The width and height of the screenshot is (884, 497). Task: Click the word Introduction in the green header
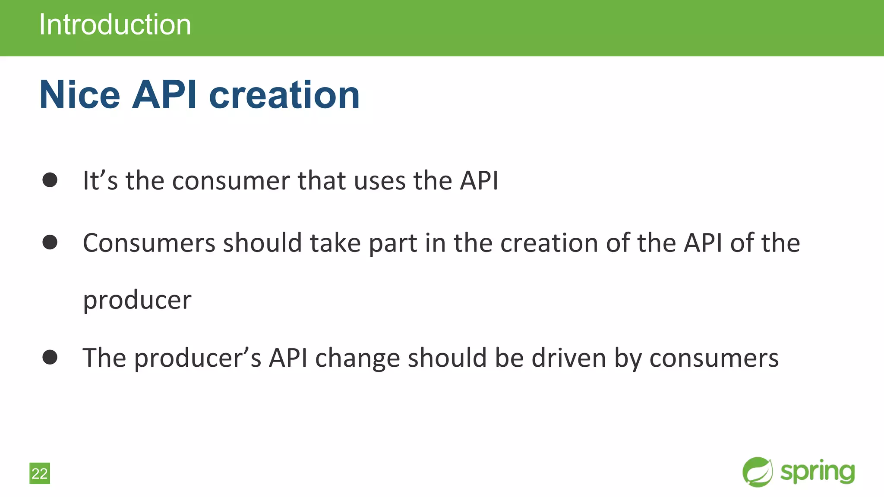[x=115, y=25]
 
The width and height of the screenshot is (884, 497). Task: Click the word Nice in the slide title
[x=80, y=95]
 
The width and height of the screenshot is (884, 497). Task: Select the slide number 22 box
[x=40, y=473]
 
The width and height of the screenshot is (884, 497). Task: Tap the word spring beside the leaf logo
[x=818, y=472]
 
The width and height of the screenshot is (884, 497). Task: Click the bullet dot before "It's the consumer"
[x=50, y=180]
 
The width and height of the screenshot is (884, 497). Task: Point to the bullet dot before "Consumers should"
[x=50, y=242]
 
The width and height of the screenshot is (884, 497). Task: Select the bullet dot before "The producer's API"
[x=50, y=357]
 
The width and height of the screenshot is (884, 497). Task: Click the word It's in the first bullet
[x=100, y=180]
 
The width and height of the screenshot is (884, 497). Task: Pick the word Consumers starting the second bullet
[x=149, y=243]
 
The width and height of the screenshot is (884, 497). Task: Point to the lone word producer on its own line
[x=137, y=301]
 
